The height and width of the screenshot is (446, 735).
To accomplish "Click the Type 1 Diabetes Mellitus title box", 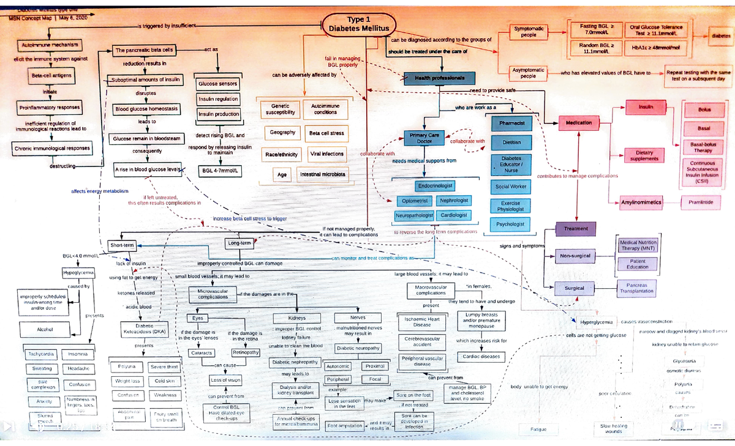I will (x=359, y=24).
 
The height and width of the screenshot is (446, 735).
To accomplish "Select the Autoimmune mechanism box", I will (x=48, y=45).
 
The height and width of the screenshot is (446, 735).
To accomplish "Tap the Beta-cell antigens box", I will (x=51, y=75).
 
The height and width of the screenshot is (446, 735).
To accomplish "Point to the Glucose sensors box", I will (x=217, y=83).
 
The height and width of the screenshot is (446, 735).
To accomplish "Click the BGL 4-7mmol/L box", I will (x=217, y=169).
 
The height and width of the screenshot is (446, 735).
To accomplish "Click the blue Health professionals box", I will (x=439, y=78).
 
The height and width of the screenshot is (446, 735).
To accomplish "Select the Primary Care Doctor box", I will (x=424, y=138).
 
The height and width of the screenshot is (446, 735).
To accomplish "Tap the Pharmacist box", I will (x=511, y=123).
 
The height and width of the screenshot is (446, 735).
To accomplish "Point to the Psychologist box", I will (x=511, y=224).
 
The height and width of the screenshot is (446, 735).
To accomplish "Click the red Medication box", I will (x=579, y=122).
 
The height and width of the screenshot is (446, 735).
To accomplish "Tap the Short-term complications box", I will (x=121, y=245).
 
